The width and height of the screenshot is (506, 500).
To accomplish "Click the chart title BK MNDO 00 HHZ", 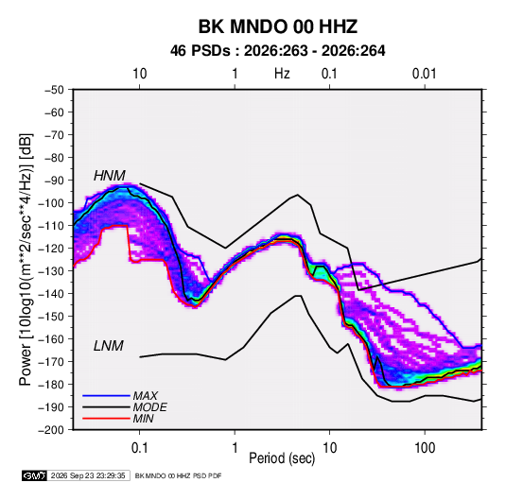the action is pyautogui.click(x=277, y=26).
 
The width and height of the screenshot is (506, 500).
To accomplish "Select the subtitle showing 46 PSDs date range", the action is pyautogui.click(x=277, y=51).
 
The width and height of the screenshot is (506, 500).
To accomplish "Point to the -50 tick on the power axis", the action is pyautogui.click(x=55, y=90).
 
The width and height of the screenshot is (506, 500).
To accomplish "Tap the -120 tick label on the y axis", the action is pyautogui.click(x=51, y=248).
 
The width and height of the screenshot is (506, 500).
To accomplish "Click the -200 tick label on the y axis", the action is pyautogui.click(x=51, y=430).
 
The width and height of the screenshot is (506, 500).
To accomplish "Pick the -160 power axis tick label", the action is pyautogui.click(x=51, y=339).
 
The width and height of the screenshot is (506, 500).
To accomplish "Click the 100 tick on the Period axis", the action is pyautogui.click(x=425, y=447).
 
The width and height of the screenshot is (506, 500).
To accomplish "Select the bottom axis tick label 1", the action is pyautogui.click(x=235, y=447).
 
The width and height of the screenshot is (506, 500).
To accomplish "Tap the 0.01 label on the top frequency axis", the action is pyautogui.click(x=424, y=74).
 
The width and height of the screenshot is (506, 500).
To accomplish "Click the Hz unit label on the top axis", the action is pyautogui.click(x=282, y=74).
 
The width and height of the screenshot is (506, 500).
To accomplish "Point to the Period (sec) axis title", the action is pyautogui.click(x=282, y=458).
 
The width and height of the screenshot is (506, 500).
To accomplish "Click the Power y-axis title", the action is pyautogui.click(x=26, y=259).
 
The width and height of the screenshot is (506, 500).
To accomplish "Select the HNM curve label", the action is pyautogui.click(x=110, y=176).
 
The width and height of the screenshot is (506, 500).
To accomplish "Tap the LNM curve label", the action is pyautogui.click(x=109, y=346).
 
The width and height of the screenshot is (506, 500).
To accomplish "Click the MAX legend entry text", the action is pyautogui.click(x=146, y=396).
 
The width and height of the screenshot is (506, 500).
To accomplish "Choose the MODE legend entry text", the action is pyautogui.click(x=150, y=407).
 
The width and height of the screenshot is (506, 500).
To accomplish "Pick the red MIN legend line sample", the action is pyautogui.click(x=106, y=419).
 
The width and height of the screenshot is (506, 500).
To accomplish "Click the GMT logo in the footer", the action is pyautogui.click(x=34, y=475).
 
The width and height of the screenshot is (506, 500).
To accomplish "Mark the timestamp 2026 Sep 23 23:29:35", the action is pyautogui.click(x=88, y=475).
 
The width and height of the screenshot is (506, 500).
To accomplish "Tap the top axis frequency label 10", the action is pyautogui.click(x=140, y=74).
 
